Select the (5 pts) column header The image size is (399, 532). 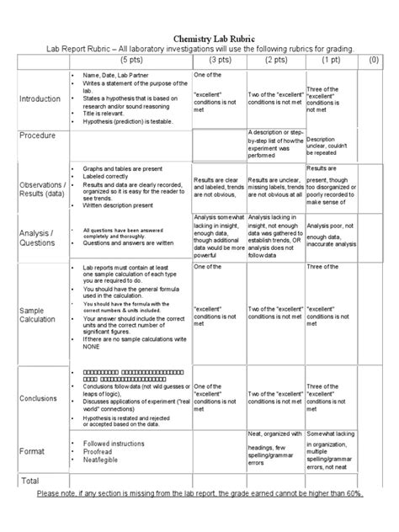point(131,61)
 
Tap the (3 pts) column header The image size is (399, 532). point(221,61)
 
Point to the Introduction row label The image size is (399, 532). point(40,98)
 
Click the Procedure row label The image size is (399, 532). point(38,136)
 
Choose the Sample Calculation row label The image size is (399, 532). point(38,314)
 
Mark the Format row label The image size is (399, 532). point(32,452)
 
